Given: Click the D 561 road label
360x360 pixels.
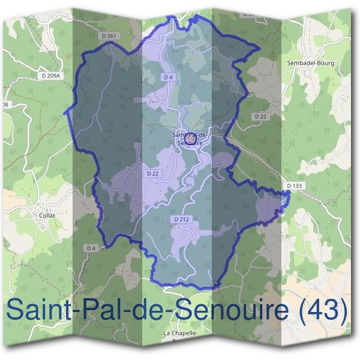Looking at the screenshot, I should pyautogui.click(x=108, y=37).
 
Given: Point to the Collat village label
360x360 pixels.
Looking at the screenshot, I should pyautogui.click(x=46, y=215).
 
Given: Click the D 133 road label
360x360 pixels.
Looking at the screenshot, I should pyautogui.click(x=295, y=186).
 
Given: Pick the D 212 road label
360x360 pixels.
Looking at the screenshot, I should pyautogui.click(x=181, y=220).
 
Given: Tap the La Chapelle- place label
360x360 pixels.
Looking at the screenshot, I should pyautogui.click(x=180, y=332).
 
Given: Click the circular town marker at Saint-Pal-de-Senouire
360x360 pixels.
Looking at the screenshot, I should pyautogui.click(x=188, y=139).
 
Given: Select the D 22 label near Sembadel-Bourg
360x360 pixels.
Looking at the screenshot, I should pyautogui.click(x=260, y=116).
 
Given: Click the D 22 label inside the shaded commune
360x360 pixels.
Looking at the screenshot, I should pyautogui.click(x=153, y=173).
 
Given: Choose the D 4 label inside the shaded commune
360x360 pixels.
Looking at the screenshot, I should pyautogui.click(x=168, y=77).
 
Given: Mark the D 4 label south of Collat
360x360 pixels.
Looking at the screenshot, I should pyautogui.click(x=91, y=248).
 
